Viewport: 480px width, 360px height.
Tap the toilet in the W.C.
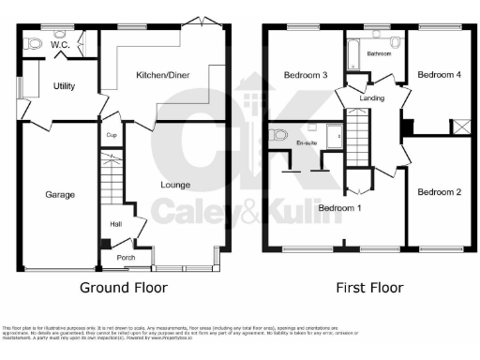click(35, 42)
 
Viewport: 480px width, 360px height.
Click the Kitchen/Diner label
click(164, 75)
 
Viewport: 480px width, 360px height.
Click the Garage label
click(61, 195)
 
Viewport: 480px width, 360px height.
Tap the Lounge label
click(175, 184)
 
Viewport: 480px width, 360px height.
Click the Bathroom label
click(379, 54)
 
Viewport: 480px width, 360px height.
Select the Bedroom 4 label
click(438, 74)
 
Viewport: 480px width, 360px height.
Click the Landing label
click(372, 96)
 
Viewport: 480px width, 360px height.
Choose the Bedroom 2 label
click(439, 192)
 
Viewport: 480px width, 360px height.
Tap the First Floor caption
click(370, 288)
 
